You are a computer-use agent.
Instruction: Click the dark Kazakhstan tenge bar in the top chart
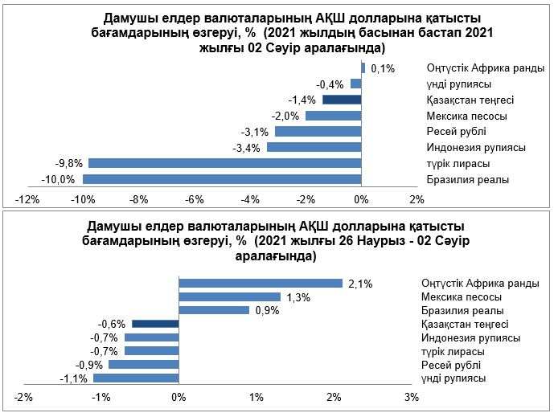tap(342, 100)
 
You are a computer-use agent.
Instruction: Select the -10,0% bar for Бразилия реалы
tap(222, 179)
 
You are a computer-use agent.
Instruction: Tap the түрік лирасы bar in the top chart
tap(225, 163)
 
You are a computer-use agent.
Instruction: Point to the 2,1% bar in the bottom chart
tap(261, 283)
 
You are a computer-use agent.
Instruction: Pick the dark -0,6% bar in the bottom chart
tap(155, 324)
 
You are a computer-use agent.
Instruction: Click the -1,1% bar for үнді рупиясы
tap(136, 378)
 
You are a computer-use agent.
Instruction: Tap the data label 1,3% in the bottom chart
tap(298, 296)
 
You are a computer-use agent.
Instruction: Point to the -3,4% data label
tap(246, 148)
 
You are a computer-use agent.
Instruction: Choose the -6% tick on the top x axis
tap(195, 198)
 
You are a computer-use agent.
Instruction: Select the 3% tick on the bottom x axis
tap(411, 397)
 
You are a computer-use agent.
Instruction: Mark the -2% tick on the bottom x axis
tap(24, 397)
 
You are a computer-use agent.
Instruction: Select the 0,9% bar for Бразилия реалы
tap(214, 310)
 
